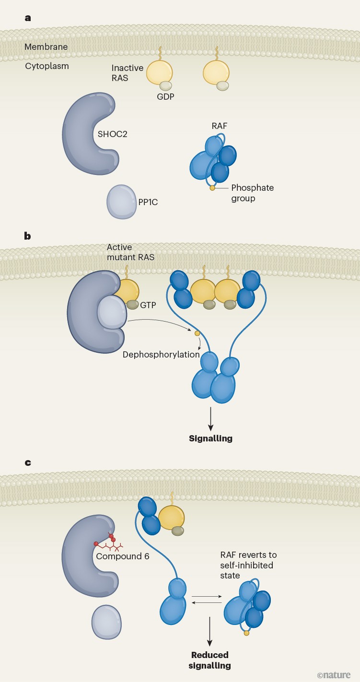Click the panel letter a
(28, 18)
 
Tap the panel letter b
(28, 236)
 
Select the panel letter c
(28, 463)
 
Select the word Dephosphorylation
(161, 355)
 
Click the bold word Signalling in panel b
(210, 438)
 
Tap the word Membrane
(46, 47)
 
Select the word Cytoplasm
(47, 66)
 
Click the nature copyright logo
(334, 675)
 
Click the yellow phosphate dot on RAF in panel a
(212, 188)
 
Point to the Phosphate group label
(252, 193)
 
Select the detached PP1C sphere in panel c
(106, 622)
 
